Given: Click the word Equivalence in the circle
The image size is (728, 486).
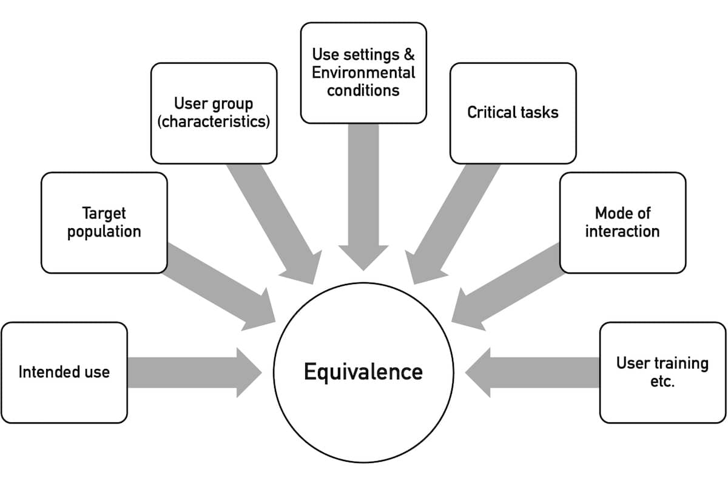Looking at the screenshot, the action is click(363, 372).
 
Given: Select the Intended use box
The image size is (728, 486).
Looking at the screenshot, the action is click(64, 373).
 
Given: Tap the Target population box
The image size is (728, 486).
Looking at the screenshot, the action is click(104, 223).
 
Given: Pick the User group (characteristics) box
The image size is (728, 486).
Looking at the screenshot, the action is click(214, 113).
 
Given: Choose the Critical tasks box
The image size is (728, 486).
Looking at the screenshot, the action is click(513, 113).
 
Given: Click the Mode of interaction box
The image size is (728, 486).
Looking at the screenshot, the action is click(622, 223).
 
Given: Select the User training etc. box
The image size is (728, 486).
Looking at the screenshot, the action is click(662, 373).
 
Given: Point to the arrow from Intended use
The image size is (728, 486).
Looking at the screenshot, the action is click(194, 373).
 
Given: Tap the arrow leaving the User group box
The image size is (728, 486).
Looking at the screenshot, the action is click(274, 224).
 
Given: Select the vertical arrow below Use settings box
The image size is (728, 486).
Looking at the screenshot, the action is click(363, 197).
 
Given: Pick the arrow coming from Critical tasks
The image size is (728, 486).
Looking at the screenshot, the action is click(453, 224).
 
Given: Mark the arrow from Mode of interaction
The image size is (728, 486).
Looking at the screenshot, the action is click(508, 287).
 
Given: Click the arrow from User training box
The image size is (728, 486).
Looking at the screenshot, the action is click(533, 373).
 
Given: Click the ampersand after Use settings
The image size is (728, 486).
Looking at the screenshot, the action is click(409, 54).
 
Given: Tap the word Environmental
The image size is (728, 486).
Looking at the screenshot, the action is click(363, 72).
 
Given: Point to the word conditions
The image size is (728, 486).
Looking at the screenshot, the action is click(363, 90).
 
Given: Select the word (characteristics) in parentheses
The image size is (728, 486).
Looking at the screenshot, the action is click(214, 121).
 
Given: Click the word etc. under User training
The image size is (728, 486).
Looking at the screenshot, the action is click(662, 381).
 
